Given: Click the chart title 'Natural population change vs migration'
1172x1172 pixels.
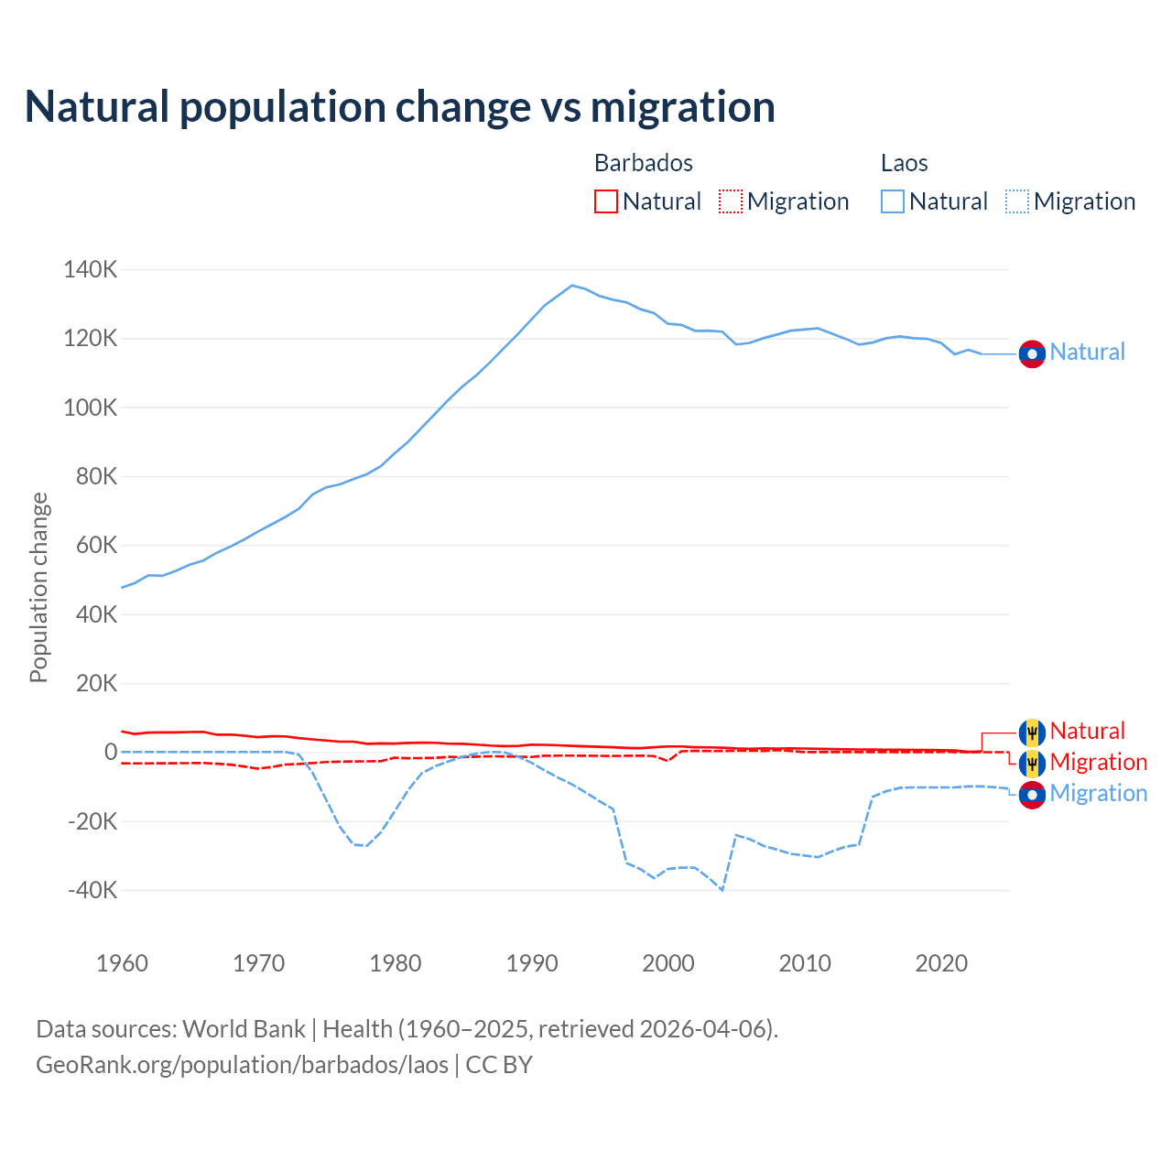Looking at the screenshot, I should [x=400, y=107].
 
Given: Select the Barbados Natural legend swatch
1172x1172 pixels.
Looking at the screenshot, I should [x=606, y=201].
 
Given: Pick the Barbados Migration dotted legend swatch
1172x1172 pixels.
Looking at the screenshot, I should [x=731, y=201].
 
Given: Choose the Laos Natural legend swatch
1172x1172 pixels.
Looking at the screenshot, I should [x=893, y=201].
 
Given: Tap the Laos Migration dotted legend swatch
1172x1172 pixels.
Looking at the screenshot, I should [x=1017, y=201].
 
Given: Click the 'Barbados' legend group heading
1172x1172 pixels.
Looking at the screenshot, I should [x=644, y=163].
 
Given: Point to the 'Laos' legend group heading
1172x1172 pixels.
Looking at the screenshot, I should [x=905, y=163].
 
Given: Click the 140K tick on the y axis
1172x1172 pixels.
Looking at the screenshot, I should [x=91, y=270].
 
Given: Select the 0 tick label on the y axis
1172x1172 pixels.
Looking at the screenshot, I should [x=111, y=752].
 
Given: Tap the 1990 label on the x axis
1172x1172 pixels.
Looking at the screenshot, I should [x=532, y=963].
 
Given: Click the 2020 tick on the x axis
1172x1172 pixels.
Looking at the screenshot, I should [x=941, y=963].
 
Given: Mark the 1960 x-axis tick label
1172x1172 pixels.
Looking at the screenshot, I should [x=123, y=963].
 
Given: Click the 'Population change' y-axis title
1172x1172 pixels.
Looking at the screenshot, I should [x=38, y=588].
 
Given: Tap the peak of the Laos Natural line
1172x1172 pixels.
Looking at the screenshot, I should [x=572, y=285].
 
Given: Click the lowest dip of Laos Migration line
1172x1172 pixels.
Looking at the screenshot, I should [x=722, y=890].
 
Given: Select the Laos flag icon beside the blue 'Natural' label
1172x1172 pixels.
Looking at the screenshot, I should [x=1032, y=353].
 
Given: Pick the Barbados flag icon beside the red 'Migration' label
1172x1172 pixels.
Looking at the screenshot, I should [x=1032, y=763].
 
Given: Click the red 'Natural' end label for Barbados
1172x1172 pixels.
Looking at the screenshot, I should [x=1087, y=731].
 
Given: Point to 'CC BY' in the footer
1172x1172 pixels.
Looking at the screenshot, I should [x=499, y=1065].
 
